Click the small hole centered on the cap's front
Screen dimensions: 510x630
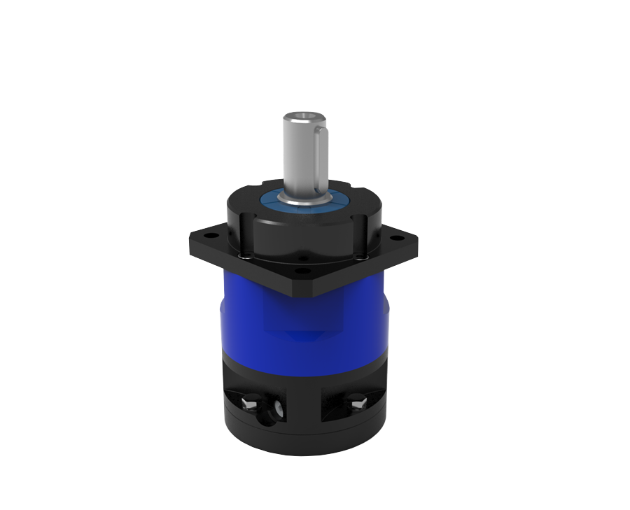tap(302, 258)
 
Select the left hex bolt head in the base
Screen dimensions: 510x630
tap(248, 404)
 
